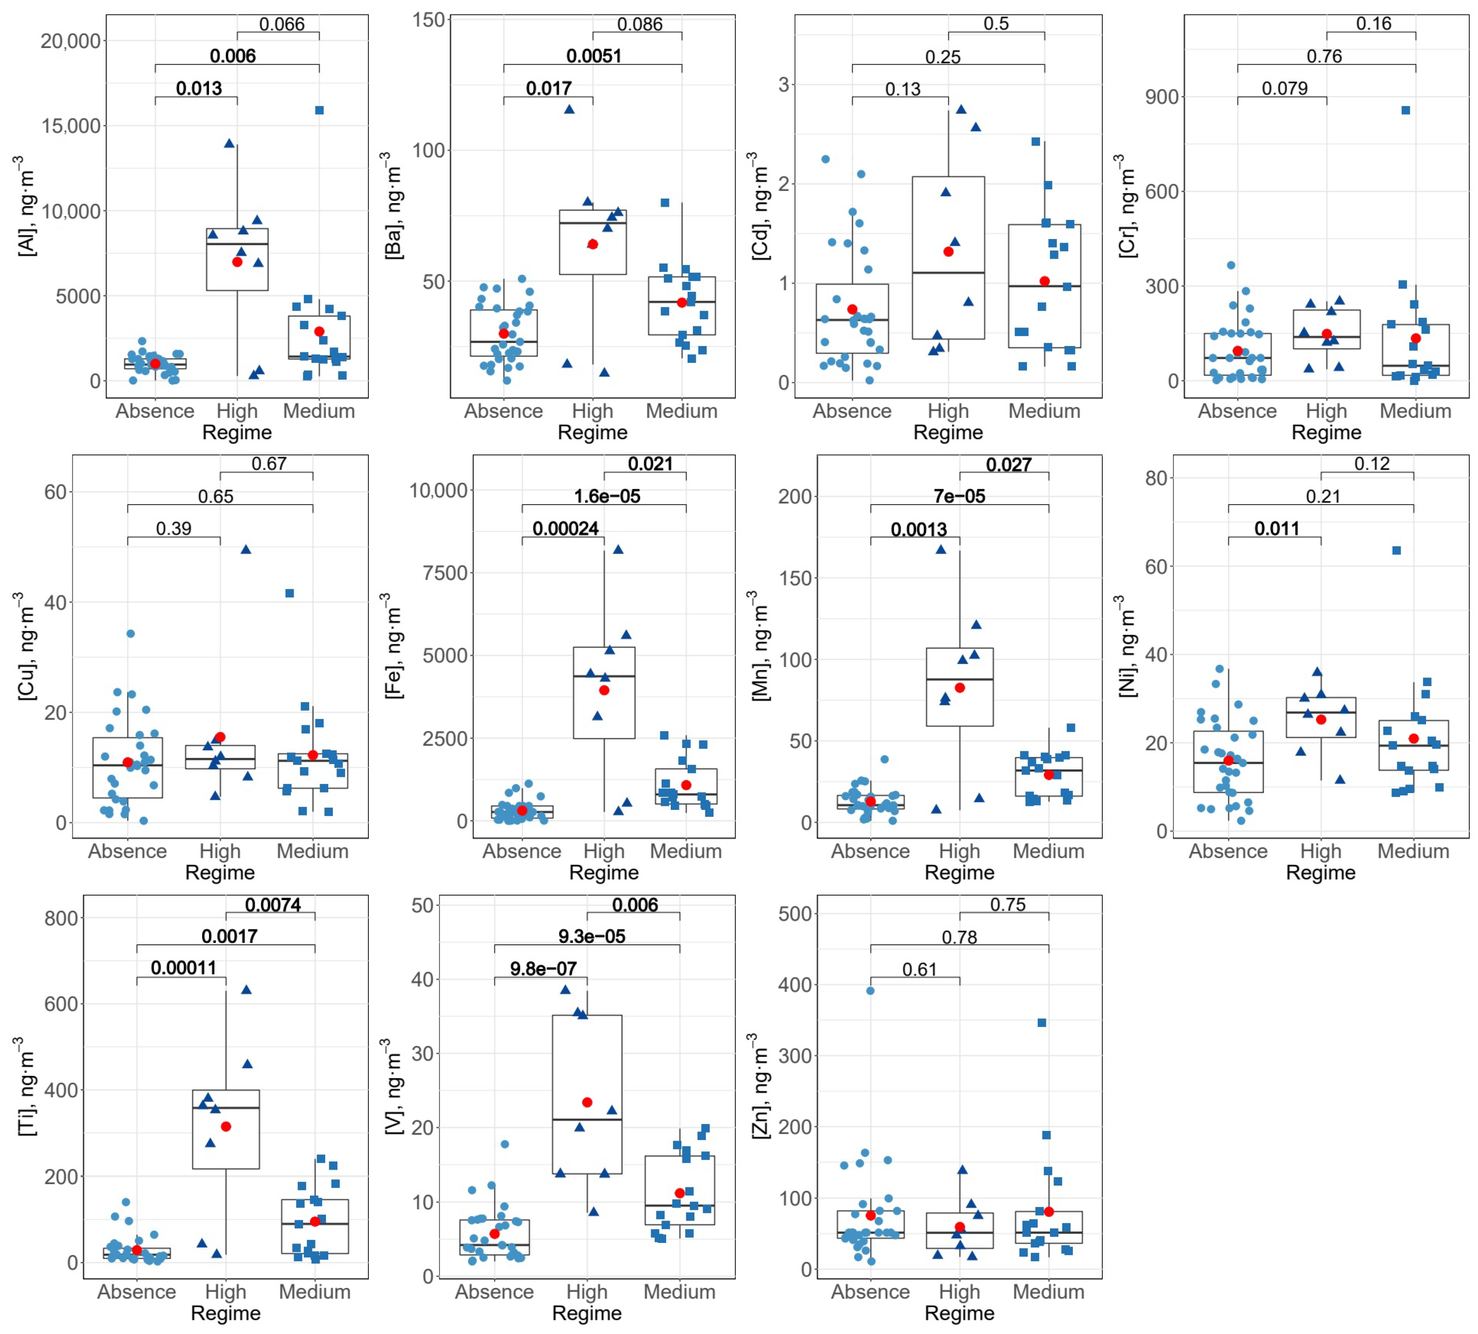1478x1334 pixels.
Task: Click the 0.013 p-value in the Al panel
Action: click(x=199, y=89)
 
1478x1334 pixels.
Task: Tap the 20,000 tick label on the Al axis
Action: click(x=71, y=41)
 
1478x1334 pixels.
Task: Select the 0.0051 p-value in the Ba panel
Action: click(x=594, y=56)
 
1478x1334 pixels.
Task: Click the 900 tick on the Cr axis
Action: click(x=1162, y=97)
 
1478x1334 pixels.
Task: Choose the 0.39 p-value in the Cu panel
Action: click(x=174, y=529)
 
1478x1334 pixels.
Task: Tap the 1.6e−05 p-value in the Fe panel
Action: click(x=607, y=496)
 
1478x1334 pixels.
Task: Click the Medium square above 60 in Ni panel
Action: click(x=1396, y=550)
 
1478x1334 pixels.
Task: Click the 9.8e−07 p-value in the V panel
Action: click(x=543, y=969)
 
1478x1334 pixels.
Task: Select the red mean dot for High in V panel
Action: click(x=587, y=1102)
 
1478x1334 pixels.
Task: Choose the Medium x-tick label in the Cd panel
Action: click(x=1045, y=411)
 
